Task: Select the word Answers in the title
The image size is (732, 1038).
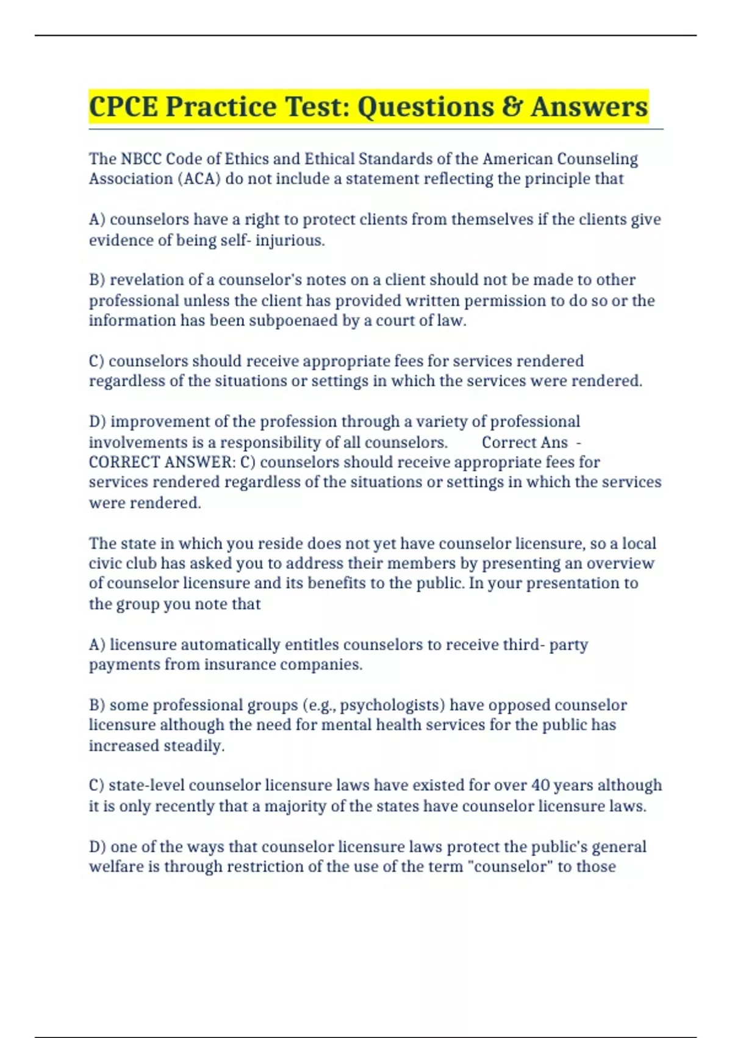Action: click(x=589, y=107)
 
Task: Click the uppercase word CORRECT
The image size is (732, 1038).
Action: click(x=124, y=462)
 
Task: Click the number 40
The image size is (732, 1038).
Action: click(x=540, y=785)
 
